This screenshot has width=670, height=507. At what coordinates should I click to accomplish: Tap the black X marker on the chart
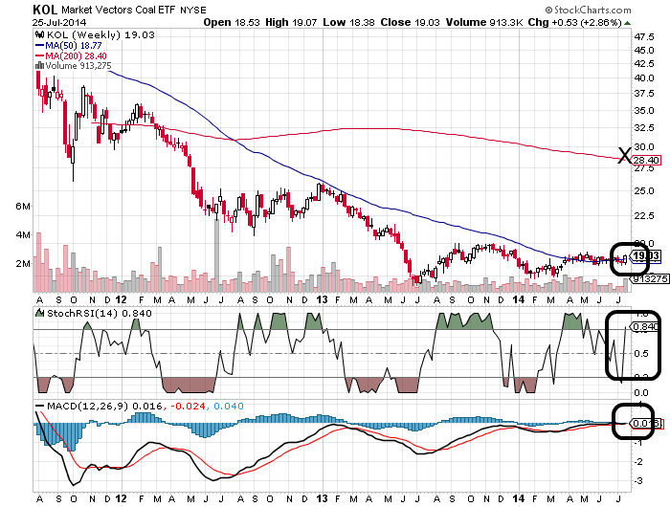point(624,156)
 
